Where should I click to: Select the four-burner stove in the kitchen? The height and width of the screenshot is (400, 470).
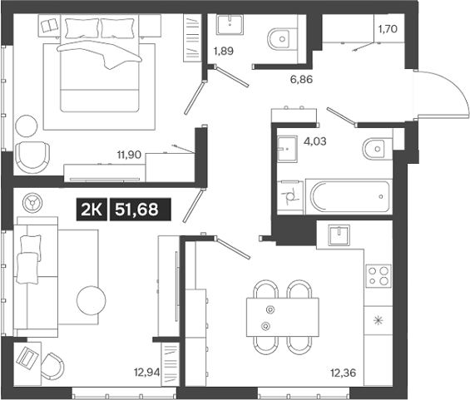(379, 275)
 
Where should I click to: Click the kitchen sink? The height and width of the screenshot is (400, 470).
(341, 235)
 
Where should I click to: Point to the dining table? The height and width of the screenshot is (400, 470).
(284, 317)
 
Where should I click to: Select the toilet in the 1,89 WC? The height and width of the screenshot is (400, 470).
(280, 37)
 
